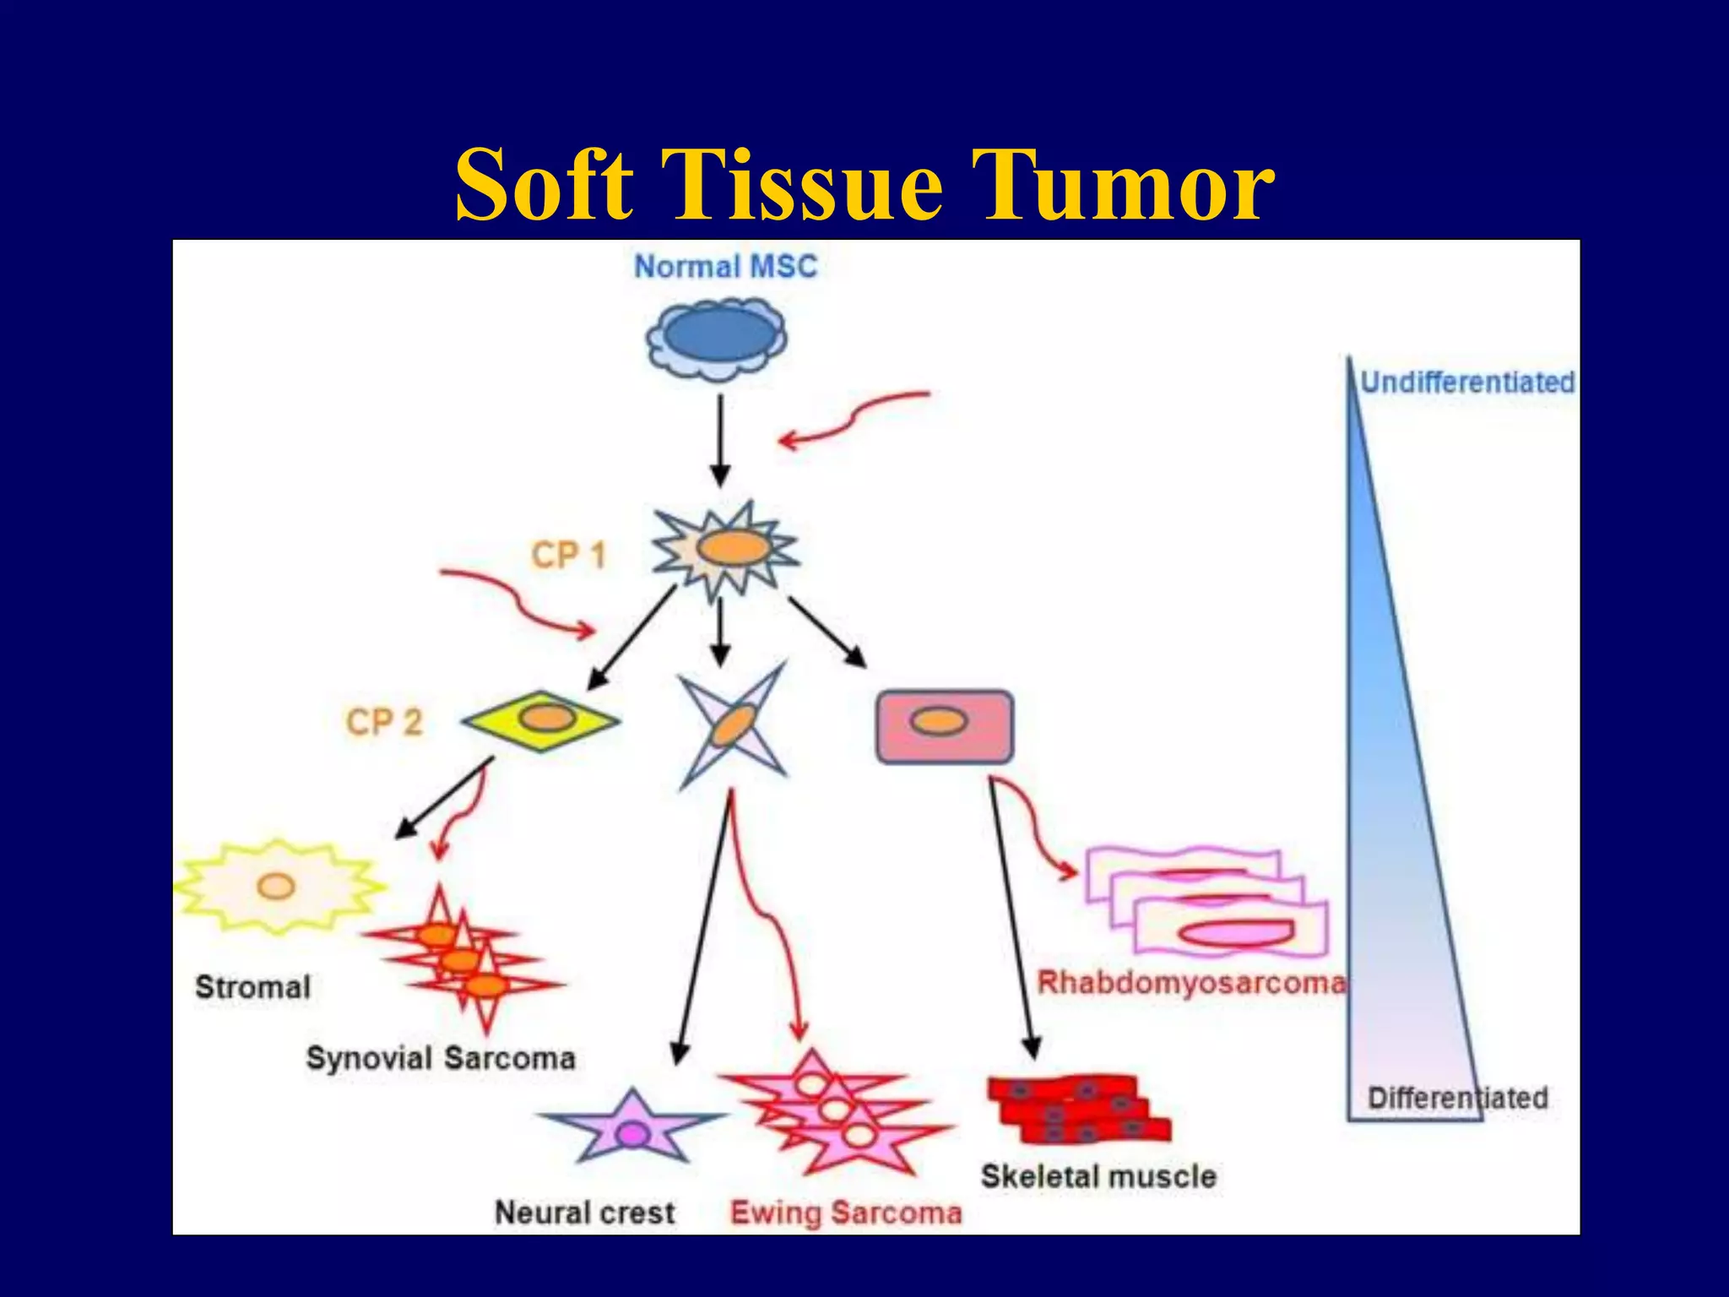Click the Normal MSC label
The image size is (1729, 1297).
pyautogui.click(x=725, y=267)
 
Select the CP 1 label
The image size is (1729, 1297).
pyautogui.click(x=568, y=556)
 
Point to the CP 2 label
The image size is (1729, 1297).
pyautogui.click(x=383, y=723)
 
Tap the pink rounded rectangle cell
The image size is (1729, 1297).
pyautogui.click(x=944, y=726)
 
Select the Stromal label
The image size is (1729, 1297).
pyautogui.click(x=252, y=987)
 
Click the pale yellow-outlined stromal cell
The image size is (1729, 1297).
pyautogui.click(x=277, y=887)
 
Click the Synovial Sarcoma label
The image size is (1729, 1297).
pyautogui.click(x=440, y=1058)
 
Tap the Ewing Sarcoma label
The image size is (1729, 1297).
pyautogui.click(x=845, y=1213)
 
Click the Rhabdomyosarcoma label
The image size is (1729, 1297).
pyautogui.click(x=1190, y=983)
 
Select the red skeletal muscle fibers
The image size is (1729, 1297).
pyautogui.click(x=1078, y=1109)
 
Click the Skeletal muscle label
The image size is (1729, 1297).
pyautogui.click(x=1098, y=1176)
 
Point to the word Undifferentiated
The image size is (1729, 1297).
pyautogui.click(x=1467, y=383)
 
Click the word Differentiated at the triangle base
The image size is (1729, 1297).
pyautogui.click(x=1457, y=1098)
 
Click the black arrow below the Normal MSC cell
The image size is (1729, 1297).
pyautogui.click(x=720, y=439)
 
